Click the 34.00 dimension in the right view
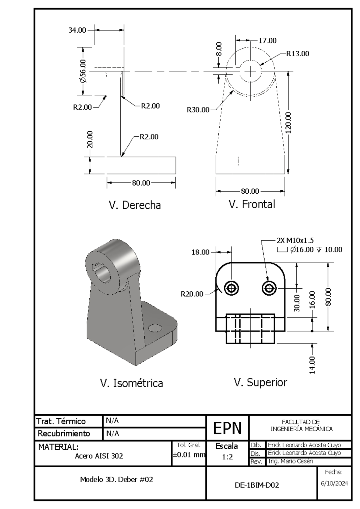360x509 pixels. [x=77, y=30]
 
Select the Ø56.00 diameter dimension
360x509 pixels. [x=83, y=71]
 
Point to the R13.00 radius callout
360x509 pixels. [x=297, y=54]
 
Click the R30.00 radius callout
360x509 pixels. [x=198, y=110]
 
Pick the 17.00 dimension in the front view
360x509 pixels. [x=267, y=40]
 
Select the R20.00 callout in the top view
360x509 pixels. [x=192, y=294]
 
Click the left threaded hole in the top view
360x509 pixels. [x=231, y=288]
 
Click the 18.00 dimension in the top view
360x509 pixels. [x=200, y=252]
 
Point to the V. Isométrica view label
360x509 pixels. [x=131, y=383]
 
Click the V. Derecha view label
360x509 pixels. [x=135, y=205]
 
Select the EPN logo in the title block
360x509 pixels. [x=227, y=428]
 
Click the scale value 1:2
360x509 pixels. [x=227, y=457]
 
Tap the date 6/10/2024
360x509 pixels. [x=334, y=483]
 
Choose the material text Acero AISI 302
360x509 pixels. [x=99, y=456]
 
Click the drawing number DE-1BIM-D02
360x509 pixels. [x=257, y=485]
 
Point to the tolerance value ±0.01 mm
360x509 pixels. [x=189, y=455]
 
